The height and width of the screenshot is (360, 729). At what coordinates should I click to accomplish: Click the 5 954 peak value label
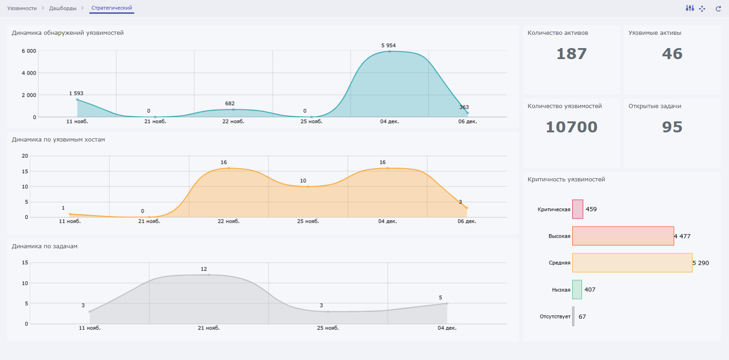388,45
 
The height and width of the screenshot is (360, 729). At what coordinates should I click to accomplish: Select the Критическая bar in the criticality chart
578,209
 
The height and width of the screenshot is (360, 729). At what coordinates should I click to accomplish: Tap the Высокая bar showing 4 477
623,236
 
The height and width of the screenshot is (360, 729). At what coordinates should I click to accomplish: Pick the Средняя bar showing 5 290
632,263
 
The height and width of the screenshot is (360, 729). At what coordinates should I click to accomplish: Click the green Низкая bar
577,289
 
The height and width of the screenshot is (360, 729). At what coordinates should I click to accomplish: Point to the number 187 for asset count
571,54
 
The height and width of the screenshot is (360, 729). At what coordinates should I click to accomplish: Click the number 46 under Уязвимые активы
672,54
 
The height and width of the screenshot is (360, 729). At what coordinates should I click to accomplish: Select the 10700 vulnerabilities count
571,127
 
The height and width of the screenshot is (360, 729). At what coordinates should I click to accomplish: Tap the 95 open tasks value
672,127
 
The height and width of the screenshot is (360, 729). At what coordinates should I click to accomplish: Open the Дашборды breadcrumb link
63,8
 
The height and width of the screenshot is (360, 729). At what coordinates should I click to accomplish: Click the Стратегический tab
112,8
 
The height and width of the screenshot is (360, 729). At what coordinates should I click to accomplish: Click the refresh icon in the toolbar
718,8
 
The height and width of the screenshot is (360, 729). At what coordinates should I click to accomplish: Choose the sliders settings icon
690,8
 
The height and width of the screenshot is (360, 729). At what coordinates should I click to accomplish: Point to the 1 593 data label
76,93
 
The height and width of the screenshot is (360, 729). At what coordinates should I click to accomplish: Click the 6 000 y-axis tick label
29,51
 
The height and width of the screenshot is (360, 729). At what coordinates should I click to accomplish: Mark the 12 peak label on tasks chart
204,269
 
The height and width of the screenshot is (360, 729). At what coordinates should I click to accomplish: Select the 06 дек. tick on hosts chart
467,221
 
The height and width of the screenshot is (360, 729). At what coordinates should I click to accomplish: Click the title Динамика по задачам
44,246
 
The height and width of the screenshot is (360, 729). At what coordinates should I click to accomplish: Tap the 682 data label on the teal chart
230,104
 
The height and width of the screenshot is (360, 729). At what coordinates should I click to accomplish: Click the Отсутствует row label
555,316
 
